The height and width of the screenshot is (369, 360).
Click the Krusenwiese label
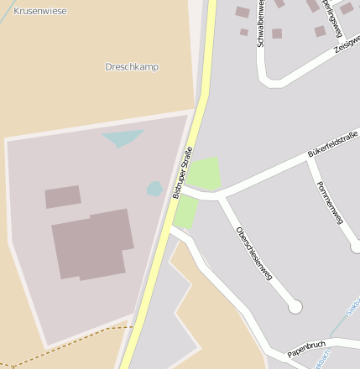click(40, 11)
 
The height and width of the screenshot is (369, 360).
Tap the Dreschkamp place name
click(132, 66)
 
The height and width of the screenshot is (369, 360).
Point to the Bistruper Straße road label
click(182, 172)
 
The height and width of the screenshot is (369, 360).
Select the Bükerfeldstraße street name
click(332, 144)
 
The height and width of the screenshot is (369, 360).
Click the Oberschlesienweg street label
click(254, 252)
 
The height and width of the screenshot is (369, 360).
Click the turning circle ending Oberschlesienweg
click(295, 307)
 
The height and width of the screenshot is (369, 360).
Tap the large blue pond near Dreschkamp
click(123, 138)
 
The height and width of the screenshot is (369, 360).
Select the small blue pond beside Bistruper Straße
click(154, 189)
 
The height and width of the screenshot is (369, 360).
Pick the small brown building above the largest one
click(63, 197)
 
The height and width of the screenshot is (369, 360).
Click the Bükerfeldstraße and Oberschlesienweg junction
click(222, 197)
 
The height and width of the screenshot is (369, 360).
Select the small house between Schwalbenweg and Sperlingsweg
click(277, 34)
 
